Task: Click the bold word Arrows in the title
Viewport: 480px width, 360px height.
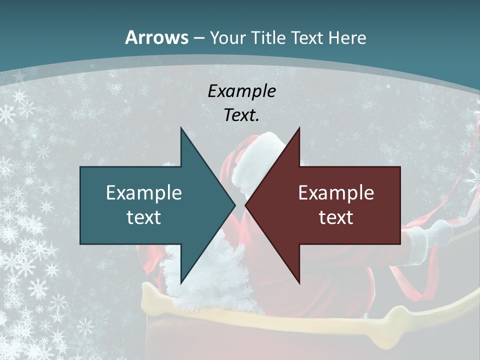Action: [x=157, y=37]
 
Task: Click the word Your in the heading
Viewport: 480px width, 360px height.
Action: [x=228, y=38]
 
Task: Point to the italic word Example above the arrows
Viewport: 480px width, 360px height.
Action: [x=241, y=91]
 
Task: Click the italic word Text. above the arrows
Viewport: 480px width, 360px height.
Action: [x=241, y=115]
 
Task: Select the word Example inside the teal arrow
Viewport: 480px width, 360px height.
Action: [x=144, y=193]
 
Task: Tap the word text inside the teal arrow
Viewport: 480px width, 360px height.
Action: [x=144, y=217]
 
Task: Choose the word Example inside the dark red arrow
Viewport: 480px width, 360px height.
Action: [x=336, y=193]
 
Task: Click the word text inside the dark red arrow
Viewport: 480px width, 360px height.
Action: [x=336, y=217]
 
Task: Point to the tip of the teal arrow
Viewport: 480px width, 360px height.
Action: [x=235, y=205]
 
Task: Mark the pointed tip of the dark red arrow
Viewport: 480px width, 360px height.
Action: [x=245, y=205]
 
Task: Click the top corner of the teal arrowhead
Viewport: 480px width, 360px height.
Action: [x=181, y=127]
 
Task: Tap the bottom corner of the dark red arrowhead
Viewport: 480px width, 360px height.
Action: [x=299, y=283]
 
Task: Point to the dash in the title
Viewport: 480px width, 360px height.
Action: [x=198, y=38]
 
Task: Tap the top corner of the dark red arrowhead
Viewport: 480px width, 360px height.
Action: [x=299, y=127]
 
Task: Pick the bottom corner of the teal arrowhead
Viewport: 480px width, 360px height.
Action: [x=181, y=283]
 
